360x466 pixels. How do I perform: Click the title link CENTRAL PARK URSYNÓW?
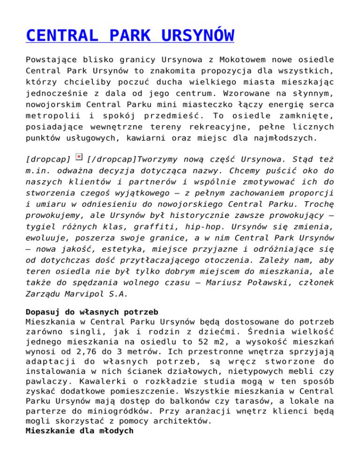click(x=130, y=36)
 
